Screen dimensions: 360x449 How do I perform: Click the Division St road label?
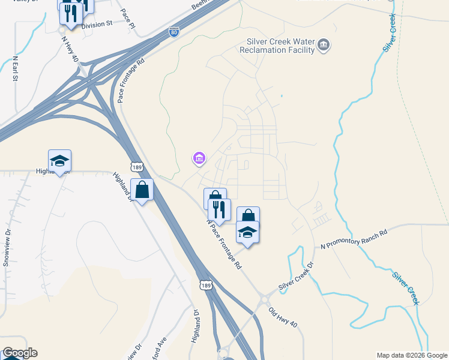97,24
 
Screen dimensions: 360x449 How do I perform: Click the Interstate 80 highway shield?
173,31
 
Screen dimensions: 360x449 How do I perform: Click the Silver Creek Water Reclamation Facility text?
280,46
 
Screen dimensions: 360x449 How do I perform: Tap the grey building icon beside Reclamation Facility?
324,46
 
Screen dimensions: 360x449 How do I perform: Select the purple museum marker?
199,158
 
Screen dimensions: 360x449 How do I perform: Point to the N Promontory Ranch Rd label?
354,238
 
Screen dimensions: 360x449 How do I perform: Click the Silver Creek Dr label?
296,277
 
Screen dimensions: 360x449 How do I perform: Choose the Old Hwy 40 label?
283,317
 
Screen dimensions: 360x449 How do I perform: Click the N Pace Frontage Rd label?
223,243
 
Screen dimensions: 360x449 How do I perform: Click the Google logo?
20,353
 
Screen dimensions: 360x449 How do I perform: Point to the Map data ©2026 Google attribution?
411,355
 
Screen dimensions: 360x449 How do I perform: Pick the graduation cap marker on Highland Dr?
59,161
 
